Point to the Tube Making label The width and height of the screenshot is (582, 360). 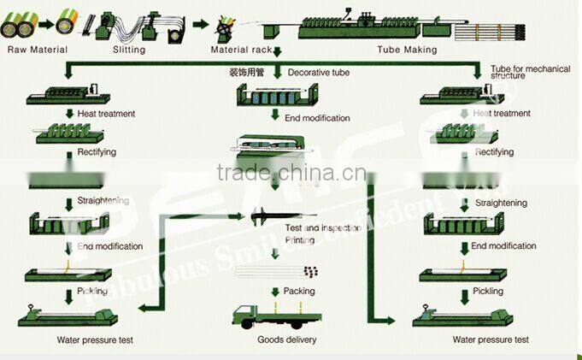pyautogui.click(x=407, y=50)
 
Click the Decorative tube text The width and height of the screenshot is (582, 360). pyautogui.click(x=318, y=74)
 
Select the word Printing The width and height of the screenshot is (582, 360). pyautogui.click(x=299, y=240)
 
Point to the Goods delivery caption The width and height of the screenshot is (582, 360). pyautogui.click(x=287, y=339)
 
